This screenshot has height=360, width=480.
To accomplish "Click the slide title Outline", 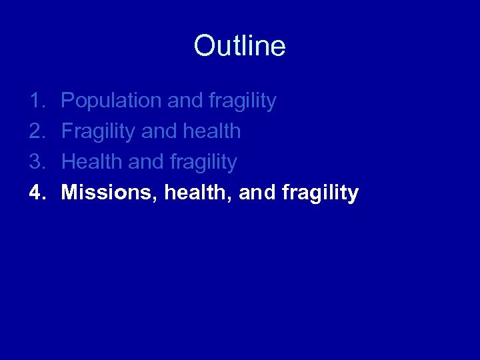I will tap(239, 46).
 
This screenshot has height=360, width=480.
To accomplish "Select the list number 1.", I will tap(36, 101).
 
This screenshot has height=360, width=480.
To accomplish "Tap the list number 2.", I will tap(36, 131).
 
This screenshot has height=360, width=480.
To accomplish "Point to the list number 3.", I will tap(36, 162).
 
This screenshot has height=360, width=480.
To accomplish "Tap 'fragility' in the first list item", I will tap(242, 101).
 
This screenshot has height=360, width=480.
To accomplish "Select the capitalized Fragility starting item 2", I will tap(99, 132).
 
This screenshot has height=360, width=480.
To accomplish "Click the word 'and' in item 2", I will tap(159, 131).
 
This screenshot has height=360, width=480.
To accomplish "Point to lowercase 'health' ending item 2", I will tap(211, 131).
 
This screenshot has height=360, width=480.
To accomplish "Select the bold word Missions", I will tap(107, 193).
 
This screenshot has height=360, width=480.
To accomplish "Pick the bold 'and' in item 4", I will tap(257, 193).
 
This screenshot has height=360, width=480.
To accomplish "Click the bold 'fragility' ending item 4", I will tap(321, 193).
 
